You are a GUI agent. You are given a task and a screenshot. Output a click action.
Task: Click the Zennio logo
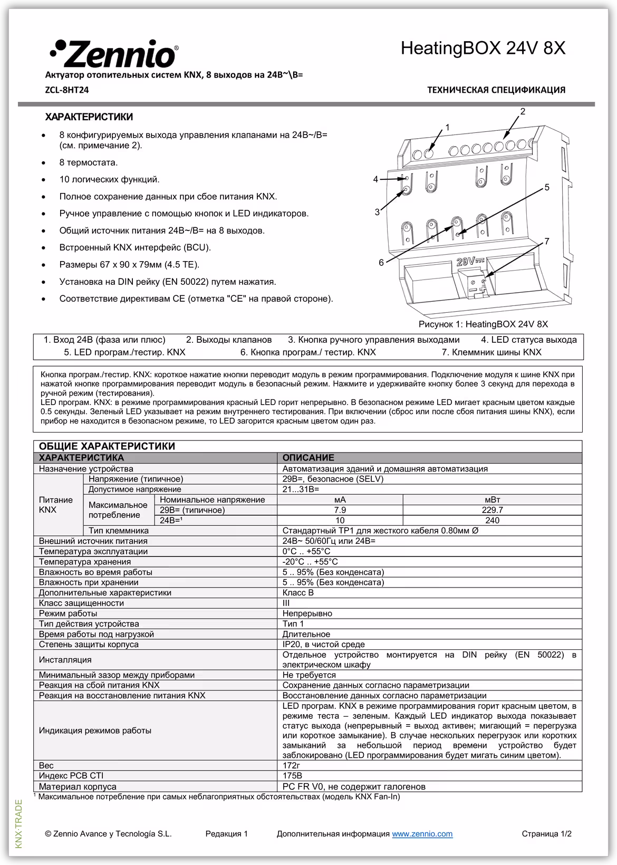point(113,53)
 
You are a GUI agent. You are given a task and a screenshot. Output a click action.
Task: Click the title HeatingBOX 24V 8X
point(483,49)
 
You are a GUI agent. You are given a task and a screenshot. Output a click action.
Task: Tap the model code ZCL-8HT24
point(67,90)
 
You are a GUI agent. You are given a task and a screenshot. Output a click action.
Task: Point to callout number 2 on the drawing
point(523,111)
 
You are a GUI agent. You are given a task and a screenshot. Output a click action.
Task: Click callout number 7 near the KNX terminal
point(547,242)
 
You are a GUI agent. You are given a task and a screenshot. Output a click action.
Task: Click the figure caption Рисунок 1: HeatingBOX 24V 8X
point(483,324)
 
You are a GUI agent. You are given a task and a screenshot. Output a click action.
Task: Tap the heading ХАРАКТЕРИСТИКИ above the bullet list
point(89,117)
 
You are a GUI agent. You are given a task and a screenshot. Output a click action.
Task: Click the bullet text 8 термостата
point(89,162)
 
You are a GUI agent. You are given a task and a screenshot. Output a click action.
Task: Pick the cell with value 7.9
point(340,510)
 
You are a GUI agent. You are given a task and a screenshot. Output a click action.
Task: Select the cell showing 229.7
point(492,510)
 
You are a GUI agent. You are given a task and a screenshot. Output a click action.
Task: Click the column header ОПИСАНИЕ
point(308,458)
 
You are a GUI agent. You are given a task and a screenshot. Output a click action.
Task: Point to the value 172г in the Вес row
point(291,765)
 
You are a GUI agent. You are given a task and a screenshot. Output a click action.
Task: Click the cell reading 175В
point(292,776)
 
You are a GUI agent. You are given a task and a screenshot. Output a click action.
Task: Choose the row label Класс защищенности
point(81,603)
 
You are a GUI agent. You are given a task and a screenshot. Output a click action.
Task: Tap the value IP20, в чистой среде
point(323,644)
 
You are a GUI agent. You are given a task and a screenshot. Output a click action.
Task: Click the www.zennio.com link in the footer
point(422,834)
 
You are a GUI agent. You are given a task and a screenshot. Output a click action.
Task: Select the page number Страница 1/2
point(546,834)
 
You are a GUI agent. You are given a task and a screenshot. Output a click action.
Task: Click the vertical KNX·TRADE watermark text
point(19,824)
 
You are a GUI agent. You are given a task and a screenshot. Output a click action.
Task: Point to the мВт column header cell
point(492,499)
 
